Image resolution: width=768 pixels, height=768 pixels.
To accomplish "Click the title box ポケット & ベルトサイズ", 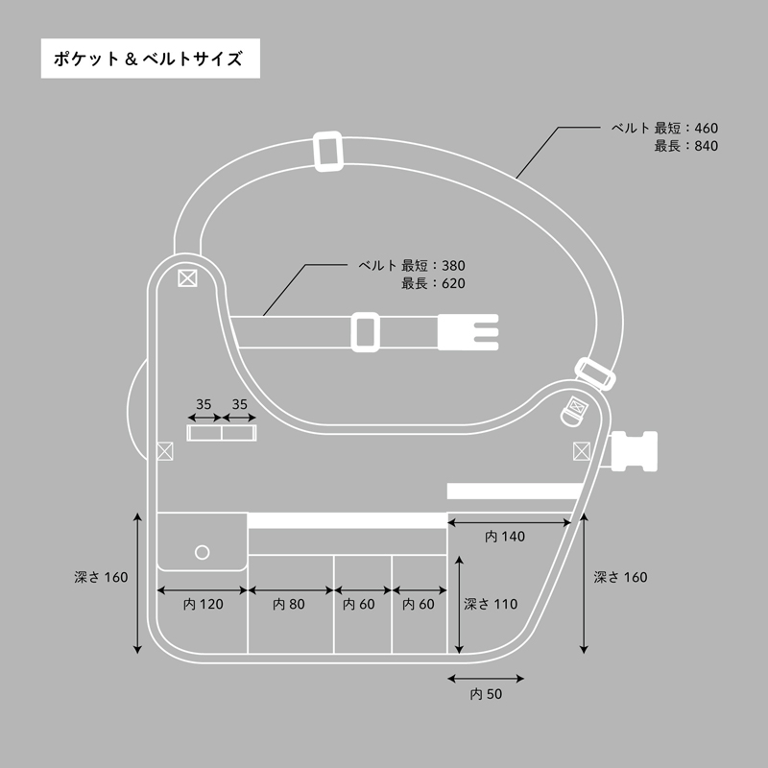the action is click(151, 59).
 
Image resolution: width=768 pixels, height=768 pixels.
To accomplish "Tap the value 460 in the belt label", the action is click(707, 129).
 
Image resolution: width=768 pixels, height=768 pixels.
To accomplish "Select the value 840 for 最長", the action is click(707, 146).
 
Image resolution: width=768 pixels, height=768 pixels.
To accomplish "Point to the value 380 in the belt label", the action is click(453, 266).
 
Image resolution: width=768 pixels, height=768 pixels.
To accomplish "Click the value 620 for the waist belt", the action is click(453, 283).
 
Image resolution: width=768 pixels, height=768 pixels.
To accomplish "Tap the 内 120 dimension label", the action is click(204, 605).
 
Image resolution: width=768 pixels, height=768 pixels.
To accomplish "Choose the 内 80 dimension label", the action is click(289, 605).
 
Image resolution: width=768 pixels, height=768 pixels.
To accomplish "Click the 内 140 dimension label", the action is click(505, 537).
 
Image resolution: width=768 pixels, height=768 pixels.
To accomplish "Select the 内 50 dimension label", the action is click(486, 694).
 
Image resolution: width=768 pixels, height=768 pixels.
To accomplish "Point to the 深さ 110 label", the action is click(491, 605).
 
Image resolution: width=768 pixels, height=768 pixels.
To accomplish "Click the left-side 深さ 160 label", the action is click(101, 578).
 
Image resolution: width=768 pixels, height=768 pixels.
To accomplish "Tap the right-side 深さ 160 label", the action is click(620, 578).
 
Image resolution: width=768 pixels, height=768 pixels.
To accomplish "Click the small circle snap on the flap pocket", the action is click(203, 553).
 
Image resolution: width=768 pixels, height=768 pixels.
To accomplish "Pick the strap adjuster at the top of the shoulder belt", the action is click(328, 151).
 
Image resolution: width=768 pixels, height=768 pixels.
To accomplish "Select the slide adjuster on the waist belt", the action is click(366, 332).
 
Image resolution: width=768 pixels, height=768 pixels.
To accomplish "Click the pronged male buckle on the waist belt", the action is click(468, 332).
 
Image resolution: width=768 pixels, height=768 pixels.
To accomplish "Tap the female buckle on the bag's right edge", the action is click(635, 451).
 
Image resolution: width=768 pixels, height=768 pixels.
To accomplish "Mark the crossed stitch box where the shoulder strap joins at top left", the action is click(187, 278).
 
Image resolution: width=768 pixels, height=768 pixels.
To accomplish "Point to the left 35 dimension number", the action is click(204, 404).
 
